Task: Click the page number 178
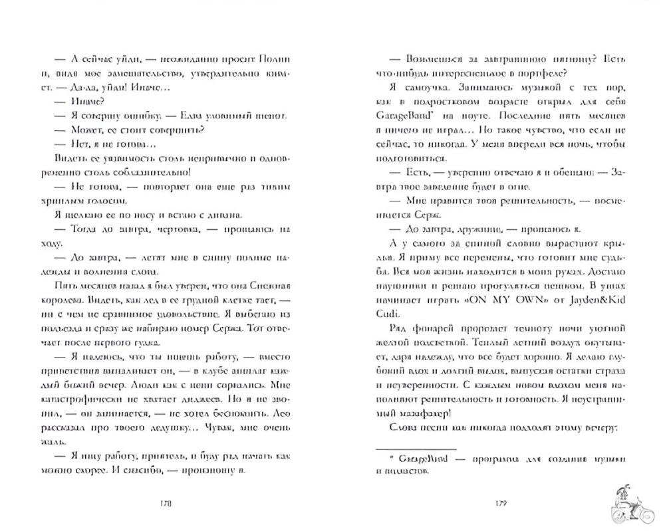click(166, 504)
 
